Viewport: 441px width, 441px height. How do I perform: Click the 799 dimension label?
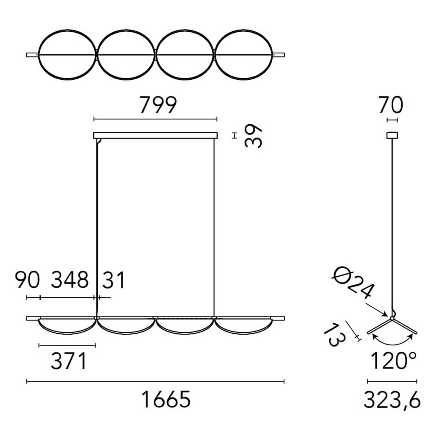158,105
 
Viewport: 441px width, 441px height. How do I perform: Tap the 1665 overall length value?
166,399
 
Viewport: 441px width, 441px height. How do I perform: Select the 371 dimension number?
69,361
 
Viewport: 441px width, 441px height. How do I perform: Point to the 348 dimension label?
69,280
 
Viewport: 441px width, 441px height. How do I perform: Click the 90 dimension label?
27,280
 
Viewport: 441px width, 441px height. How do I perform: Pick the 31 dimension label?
113,280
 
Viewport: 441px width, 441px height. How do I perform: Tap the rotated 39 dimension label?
253,136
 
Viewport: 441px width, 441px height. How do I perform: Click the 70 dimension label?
391,105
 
